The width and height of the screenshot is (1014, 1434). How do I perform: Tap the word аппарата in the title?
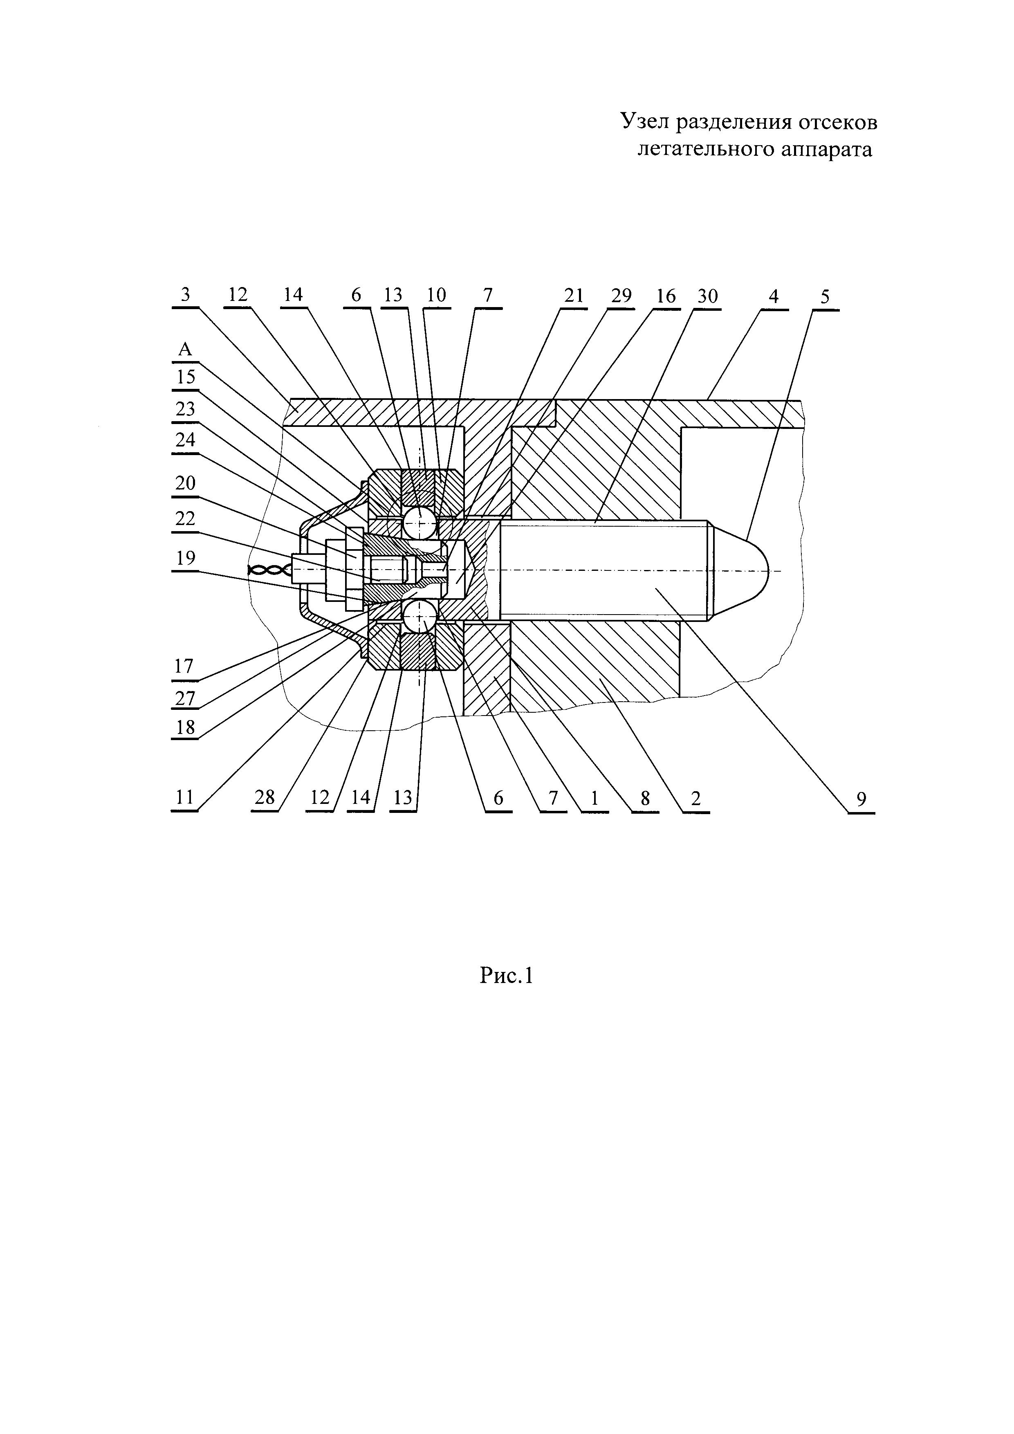[x=826, y=150]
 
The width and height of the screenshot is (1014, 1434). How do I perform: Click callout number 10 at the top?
[x=436, y=295]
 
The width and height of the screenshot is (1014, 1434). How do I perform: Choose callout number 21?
[x=573, y=295]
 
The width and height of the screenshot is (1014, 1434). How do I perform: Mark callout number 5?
[x=826, y=297]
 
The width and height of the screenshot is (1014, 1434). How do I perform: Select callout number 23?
[x=186, y=409]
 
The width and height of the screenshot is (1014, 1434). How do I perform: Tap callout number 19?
[x=186, y=558]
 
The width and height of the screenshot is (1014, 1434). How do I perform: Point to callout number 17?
[x=184, y=667]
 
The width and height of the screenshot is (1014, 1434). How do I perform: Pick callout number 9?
[x=861, y=799]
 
